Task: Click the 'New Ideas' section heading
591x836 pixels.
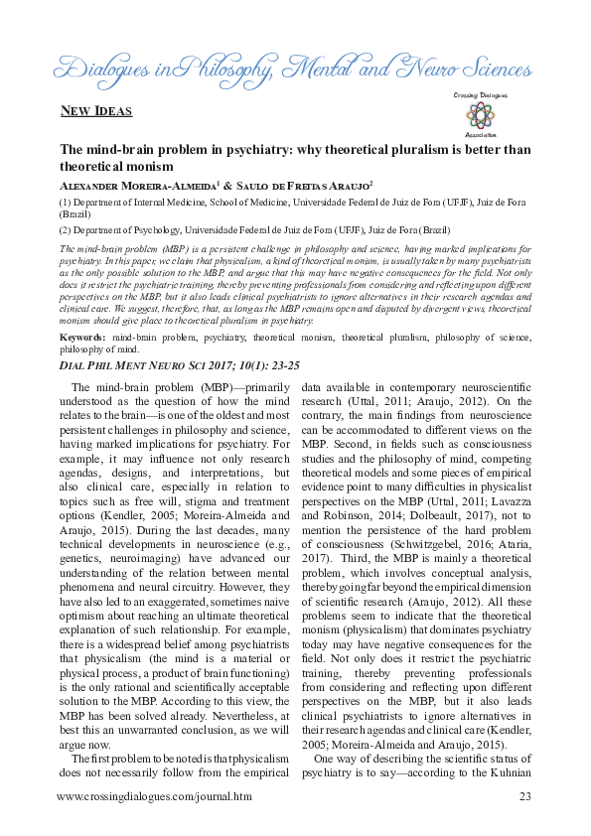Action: (x=96, y=110)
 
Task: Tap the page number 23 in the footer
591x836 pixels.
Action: (x=525, y=795)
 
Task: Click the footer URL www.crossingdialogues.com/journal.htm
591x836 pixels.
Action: (x=154, y=795)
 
